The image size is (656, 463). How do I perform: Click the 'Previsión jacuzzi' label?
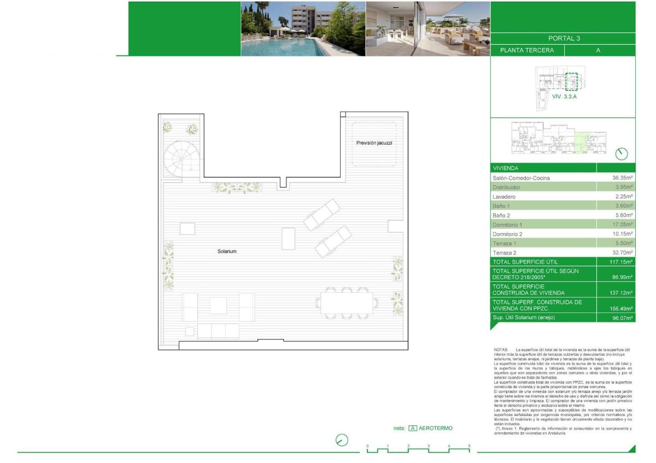(x=374, y=143)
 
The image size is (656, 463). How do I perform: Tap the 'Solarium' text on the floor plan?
(x=226, y=251)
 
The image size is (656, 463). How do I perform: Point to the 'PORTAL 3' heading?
(x=563, y=38)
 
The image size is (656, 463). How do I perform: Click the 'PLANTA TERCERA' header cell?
(x=526, y=50)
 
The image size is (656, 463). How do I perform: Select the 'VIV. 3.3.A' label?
(x=565, y=96)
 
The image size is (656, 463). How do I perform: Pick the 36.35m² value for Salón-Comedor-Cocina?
(x=622, y=178)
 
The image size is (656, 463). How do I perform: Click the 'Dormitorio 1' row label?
(x=508, y=225)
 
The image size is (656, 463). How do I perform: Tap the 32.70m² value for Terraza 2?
(x=622, y=253)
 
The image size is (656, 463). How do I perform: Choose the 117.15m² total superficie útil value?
(x=622, y=262)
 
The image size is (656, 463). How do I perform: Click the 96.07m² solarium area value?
(x=622, y=318)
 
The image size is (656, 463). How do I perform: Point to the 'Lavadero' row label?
(x=504, y=196)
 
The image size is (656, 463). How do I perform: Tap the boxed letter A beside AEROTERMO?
(x=413, y=429)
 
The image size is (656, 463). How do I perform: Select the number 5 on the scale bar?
(x=469, y=446)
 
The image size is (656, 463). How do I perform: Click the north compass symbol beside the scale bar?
(x=342, y=440)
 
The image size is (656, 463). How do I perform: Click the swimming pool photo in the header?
(x=303, y=28)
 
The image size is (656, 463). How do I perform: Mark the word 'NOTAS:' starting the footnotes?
(x=501, y=349)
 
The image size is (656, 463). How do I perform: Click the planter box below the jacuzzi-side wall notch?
(x=237, y=188)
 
